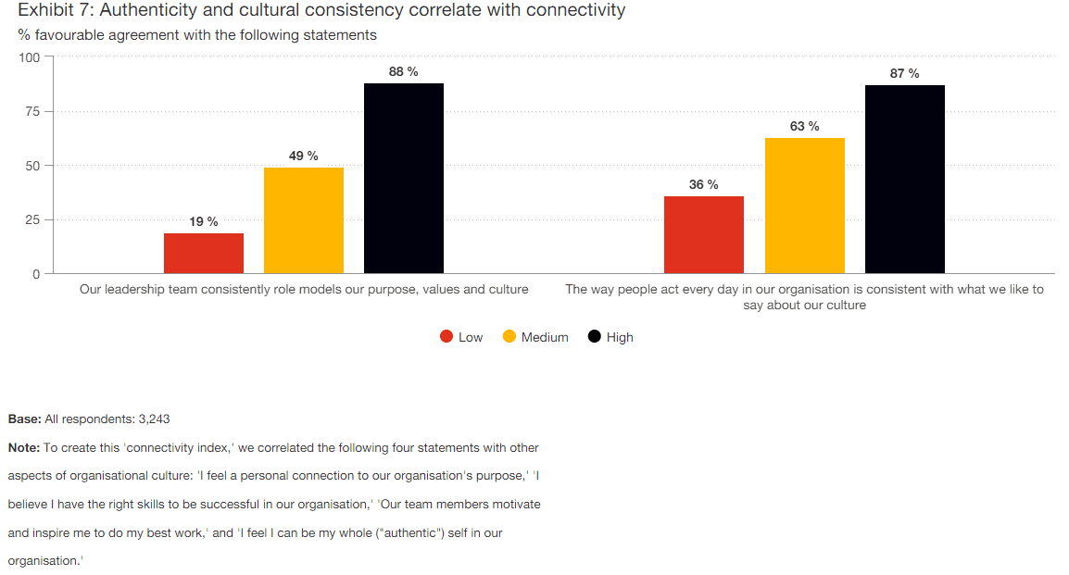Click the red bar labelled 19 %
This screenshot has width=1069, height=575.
204,253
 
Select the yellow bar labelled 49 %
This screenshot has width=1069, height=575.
304,220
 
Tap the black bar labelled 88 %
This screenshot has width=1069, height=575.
404,178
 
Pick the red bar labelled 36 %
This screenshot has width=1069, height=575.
704,234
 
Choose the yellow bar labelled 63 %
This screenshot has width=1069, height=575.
805,206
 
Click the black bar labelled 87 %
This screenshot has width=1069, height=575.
905,179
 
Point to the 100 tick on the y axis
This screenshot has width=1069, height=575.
30,57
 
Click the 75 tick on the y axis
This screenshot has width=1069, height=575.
33,111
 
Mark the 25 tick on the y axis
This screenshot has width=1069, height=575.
33,219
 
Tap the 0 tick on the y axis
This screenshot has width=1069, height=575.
37,274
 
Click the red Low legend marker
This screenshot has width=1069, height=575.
446,337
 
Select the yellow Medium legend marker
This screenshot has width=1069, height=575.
509,337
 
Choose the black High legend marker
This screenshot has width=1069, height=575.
595,337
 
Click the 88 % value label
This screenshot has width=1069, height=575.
403,71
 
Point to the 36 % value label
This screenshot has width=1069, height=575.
703,184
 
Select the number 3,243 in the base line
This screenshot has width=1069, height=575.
154,419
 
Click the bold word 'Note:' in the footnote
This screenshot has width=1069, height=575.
24,447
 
